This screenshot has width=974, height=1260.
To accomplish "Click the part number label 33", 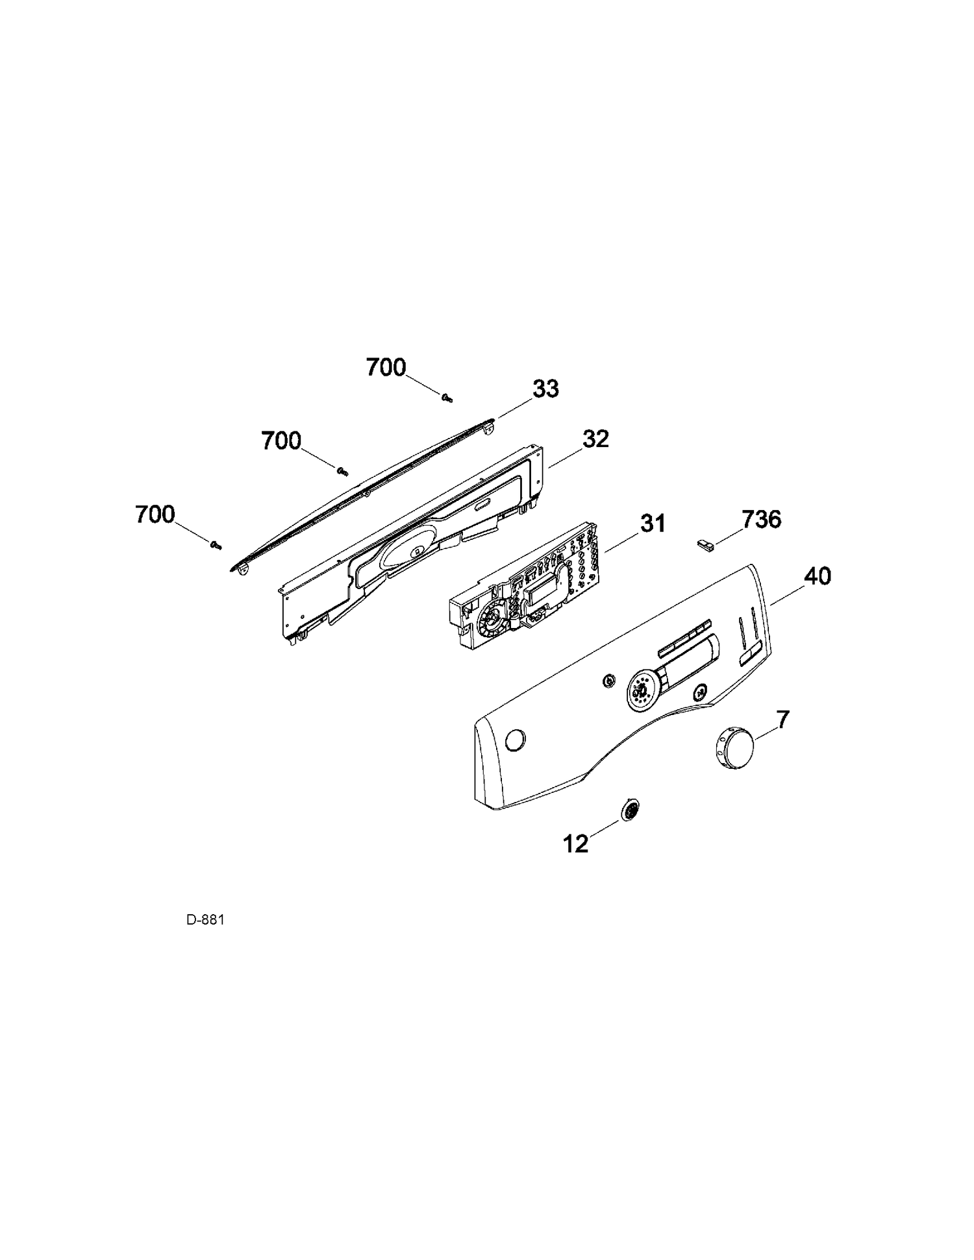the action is [x=545, y=389].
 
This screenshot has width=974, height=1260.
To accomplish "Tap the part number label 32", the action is [x=595, y=439].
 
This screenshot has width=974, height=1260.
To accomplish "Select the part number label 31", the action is [x=653, y=524].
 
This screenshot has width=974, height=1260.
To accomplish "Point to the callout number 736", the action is [x=761, y=520].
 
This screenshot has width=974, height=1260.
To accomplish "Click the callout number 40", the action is [x=817, y=576].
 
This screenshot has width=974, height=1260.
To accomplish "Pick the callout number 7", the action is [x=783, y=719].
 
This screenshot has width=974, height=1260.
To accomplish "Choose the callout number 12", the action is [x=575, y=843].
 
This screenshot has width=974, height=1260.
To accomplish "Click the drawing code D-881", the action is [x=205, y=919].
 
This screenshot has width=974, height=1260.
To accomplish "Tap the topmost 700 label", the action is [x=386, y=368].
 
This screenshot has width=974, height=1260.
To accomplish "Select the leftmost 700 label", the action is [x=155, y=515].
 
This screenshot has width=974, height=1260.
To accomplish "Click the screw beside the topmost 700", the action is [x=446, y=398].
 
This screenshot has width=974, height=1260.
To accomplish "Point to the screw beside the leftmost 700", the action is [x=216, y=545].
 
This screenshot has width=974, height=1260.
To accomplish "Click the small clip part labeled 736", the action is [x=705, y=544].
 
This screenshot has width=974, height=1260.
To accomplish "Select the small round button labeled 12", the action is [x=630, y=810].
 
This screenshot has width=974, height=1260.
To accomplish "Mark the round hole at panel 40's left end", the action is [x=515, y=740].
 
